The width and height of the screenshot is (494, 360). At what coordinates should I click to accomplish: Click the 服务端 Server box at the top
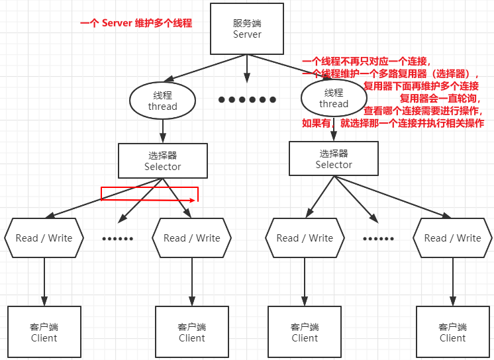pos(247,28)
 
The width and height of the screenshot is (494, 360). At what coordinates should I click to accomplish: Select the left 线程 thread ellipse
pos(162,101)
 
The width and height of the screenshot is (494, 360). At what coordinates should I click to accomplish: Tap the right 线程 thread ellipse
pos(334,98)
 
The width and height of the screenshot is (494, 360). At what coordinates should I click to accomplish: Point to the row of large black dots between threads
pos(247,100)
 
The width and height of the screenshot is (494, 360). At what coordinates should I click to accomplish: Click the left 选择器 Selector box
pos(162,161)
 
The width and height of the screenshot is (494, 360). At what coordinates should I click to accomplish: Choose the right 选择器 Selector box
pos(334,159)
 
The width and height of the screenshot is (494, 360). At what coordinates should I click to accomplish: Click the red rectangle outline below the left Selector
pos(150,193)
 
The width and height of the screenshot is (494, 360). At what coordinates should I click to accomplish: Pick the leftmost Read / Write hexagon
pos(44,238)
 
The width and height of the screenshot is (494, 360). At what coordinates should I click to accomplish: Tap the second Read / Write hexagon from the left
pos(191,238)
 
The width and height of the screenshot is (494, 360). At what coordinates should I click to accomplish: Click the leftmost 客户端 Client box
pos(44,332)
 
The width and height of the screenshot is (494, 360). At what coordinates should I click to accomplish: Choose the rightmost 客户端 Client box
pos(452,332)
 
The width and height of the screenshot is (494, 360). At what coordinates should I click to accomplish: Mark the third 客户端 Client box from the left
pos(305,332)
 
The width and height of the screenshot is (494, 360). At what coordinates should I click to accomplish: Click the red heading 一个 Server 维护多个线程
pos(136,23)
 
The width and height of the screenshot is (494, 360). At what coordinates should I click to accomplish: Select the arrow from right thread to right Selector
pos(334,128)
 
